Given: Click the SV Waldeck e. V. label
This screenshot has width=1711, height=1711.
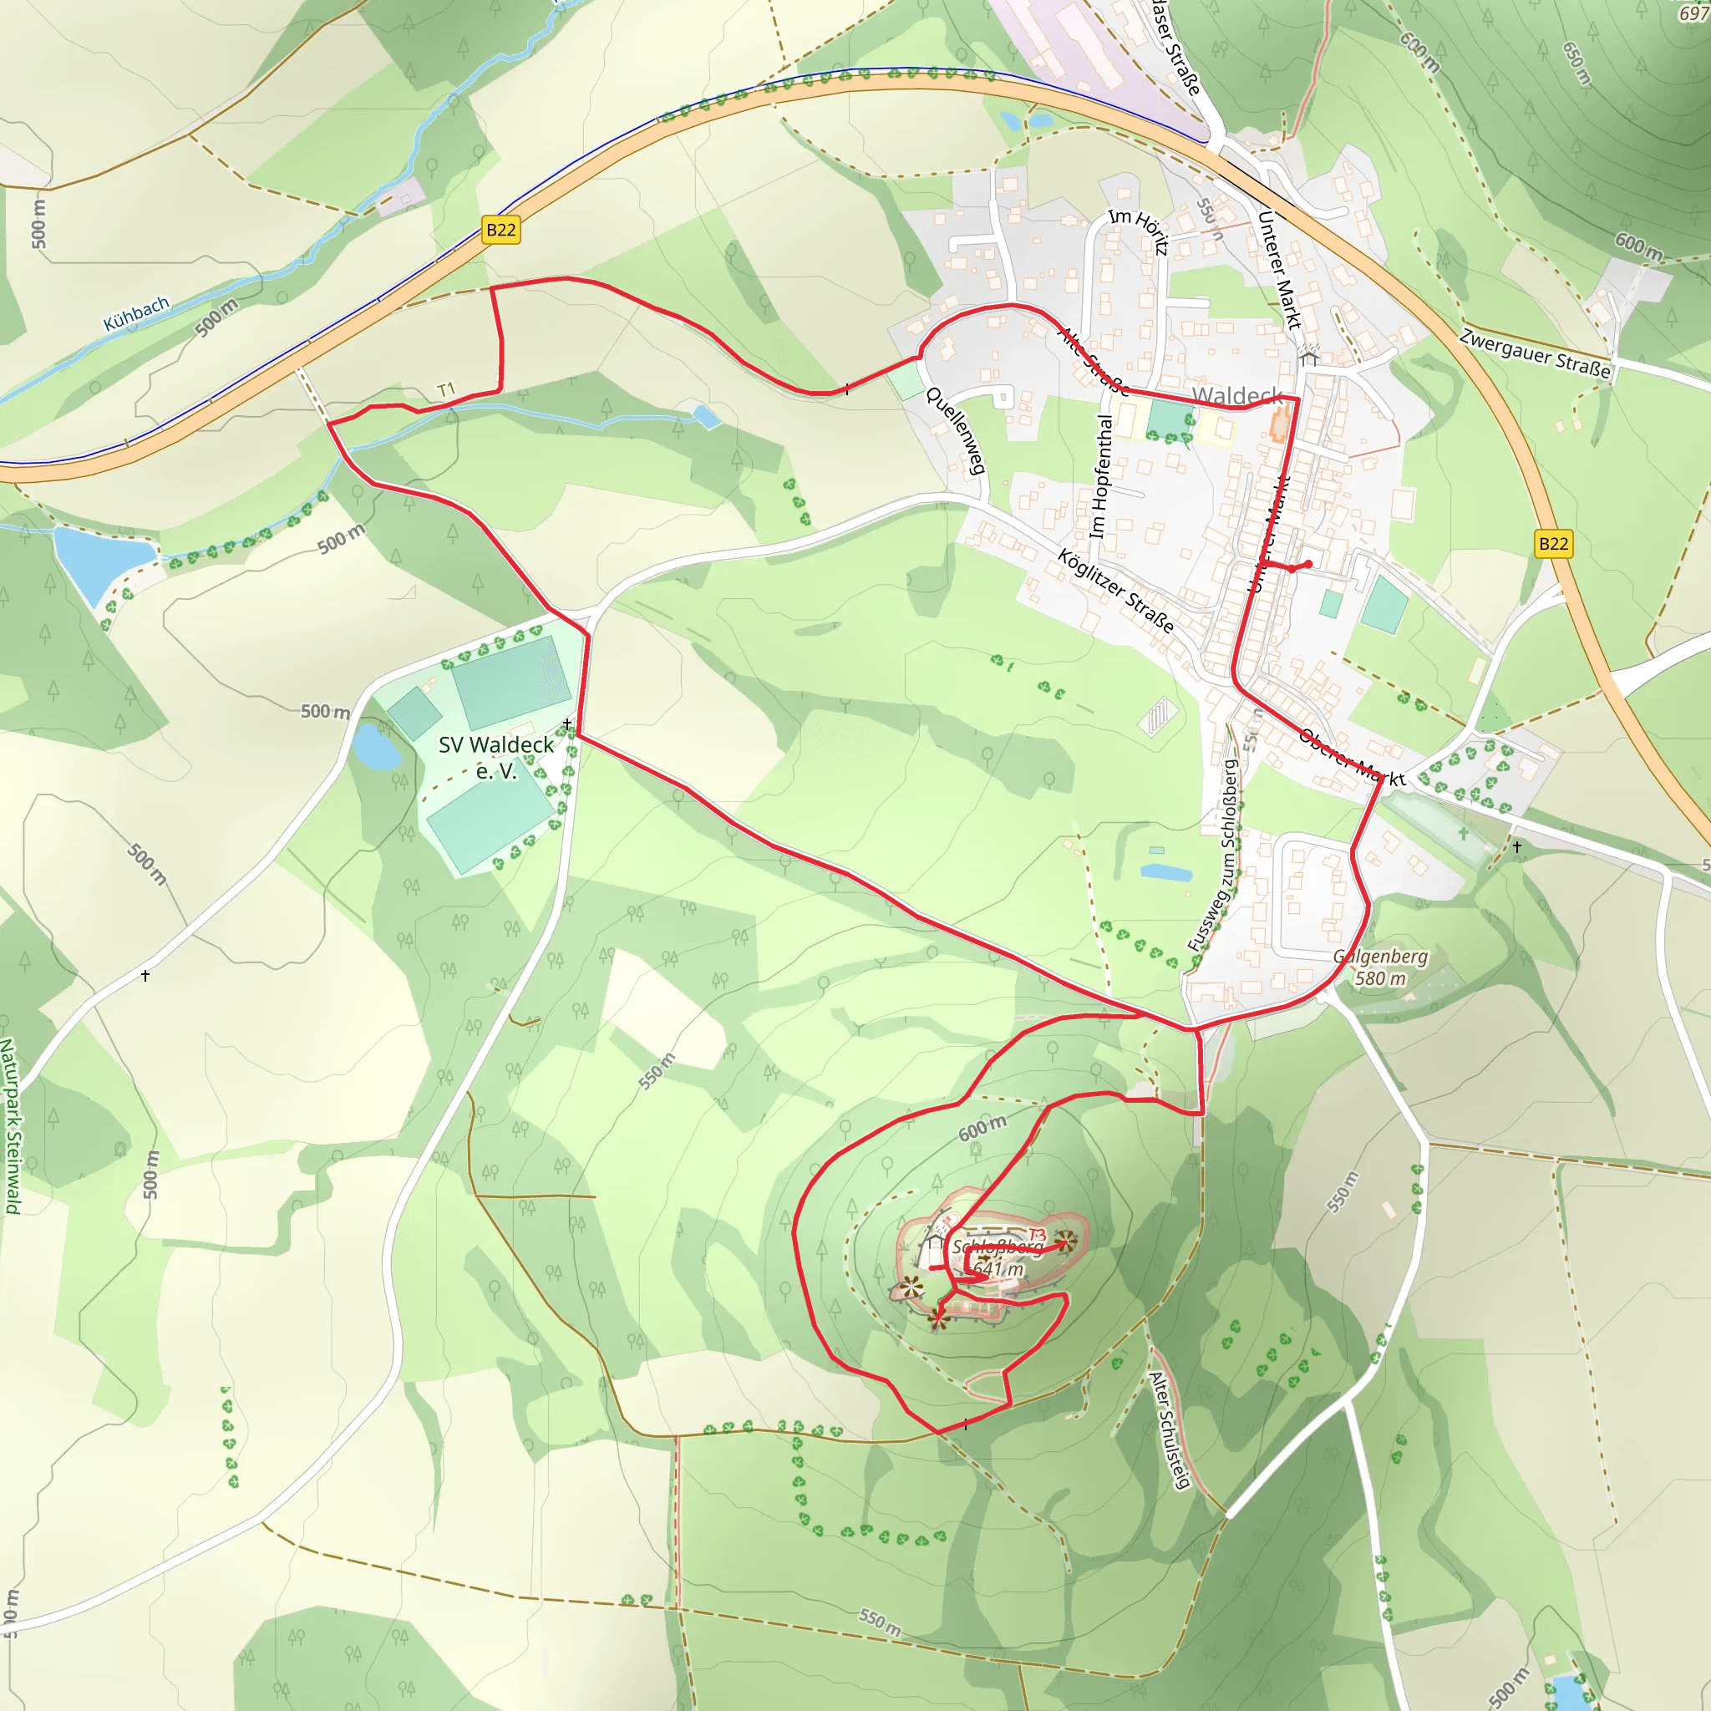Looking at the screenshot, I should click(x=496, y=757).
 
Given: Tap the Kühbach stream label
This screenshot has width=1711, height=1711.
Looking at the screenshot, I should click(x=136, y=313).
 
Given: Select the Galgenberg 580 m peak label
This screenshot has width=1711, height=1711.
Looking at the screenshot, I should click(x=1381, y=967).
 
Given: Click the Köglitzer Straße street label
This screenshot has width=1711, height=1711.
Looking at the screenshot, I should click(x=1116, y=591).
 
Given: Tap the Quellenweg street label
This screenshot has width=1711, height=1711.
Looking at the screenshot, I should click(x=956, y=430).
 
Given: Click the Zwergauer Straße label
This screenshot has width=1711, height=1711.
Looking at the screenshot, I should click(x=1535, y=353).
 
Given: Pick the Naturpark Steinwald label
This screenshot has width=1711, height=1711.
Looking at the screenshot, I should click(x=10, y=1125).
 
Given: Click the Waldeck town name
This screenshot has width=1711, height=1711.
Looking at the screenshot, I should click(x=1236, y=395).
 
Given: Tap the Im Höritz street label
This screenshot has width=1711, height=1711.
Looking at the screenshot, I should click(x=1139, y=231).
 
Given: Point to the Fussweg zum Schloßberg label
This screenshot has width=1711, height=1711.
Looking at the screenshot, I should click(x=1216, y=855).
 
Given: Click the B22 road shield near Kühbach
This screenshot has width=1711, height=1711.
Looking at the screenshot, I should click(x=500, y=231).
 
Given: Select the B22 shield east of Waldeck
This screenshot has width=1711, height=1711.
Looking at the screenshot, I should click(x=1553, y=544).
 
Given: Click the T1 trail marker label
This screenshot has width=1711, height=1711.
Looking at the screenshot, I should click(x=445, y=389).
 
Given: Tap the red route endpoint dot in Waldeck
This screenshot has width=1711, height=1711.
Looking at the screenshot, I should click(x=1308, y=564).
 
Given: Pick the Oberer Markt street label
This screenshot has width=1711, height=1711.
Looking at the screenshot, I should click(x=1352, y=758).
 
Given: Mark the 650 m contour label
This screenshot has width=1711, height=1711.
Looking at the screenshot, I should click(x=1577, y=63).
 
